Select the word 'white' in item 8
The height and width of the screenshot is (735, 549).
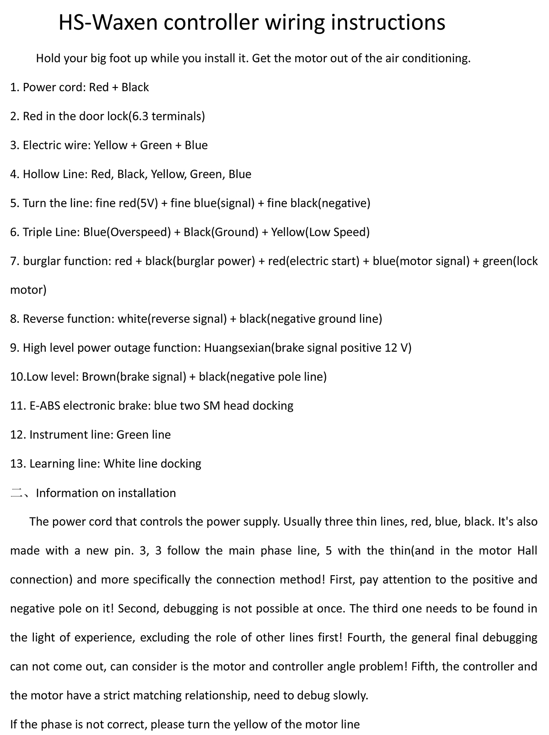[x=132, y=319]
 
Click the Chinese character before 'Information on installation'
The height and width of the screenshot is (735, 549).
[x=16, y=493]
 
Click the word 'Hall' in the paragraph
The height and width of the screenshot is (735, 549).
[x=527, y=550]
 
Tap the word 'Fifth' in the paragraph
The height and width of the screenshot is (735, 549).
[x=425, y=666]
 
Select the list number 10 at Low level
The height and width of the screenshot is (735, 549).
[x=16, y=377]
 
